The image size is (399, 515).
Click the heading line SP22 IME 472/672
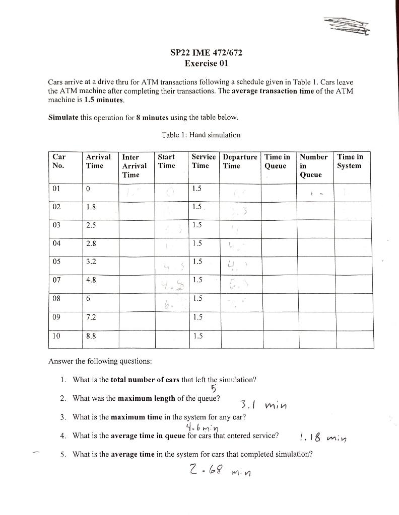point(202,53)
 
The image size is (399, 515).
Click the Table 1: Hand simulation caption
point(201,135)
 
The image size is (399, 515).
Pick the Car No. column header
point(59,161)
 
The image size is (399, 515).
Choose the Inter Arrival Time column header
point(134,166)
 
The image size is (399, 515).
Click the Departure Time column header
point(240,161)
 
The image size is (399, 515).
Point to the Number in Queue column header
point(313,166)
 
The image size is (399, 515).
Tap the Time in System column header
point(350,161)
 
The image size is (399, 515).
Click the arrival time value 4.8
point(91,280)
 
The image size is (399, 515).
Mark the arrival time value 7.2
point(91,317)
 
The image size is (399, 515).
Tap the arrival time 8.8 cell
point(91,335)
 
